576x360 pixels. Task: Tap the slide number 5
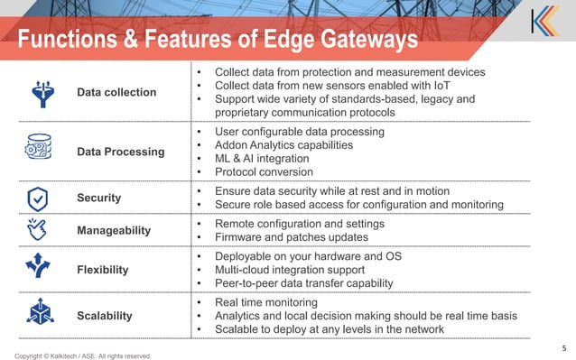pos(563,345)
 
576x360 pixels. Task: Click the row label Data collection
pos(116,93)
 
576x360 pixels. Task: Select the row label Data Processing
pos(120,152)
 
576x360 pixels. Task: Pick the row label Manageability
pos(114,231)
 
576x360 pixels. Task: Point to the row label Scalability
pos(105,316)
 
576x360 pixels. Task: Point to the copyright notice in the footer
pos(82,355)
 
